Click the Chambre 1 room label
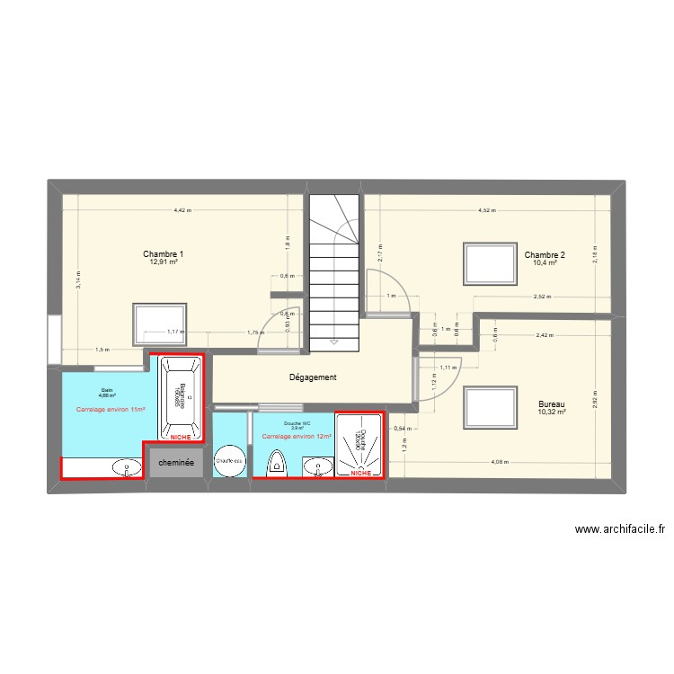pyautogui.click(x=163, y=255)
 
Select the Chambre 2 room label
pyautogui.click(x=545, y=255)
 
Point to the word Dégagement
pyautogui.click(x=313, y=378)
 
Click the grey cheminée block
pyautogui.click(x=176, y=463)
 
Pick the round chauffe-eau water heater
pyautogui.click(x=229, y=461)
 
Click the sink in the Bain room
pyautogui.click(x=127, y=466)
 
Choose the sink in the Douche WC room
pyautogui.click(x=315, y=466)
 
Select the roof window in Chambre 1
pyautogui.click(x=159, y=324)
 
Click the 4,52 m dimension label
pyautogui.click(x=485, y=210)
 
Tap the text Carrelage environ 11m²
pyautogui.click(x=111, y=410)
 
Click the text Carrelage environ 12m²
pyautogui.click(x=297, y=437)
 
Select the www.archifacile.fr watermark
pyautogui.click(x=619, y=530)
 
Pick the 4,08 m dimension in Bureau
pyautogui.click(x=500, y=463)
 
